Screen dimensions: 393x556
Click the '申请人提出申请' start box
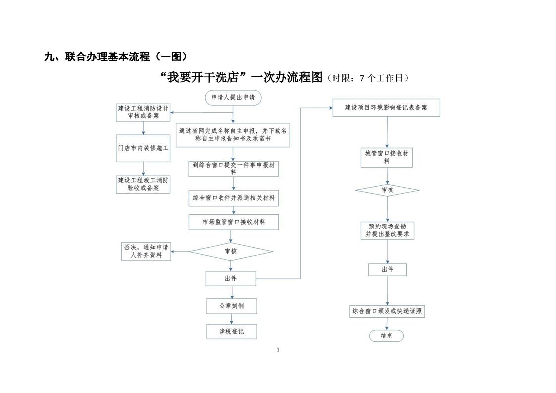pyautogui.click(x=232, y=98)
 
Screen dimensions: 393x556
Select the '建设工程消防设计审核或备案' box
pyautogui.click(x=143, y=112)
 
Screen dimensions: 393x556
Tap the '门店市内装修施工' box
pyautogui.click(x=143, y=148)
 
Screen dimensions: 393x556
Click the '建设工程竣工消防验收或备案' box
pyautogui.click(x=143, y=184)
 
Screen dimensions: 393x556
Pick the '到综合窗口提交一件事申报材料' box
pyautogui.click(x=234, y=168)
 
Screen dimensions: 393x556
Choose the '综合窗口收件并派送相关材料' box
pyautogui.click(x=234, y=199)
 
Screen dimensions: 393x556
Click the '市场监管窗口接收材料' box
pyautogui.click(x=234, y=222)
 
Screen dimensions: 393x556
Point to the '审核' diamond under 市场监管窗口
pyautogui.click(x=231, y=251)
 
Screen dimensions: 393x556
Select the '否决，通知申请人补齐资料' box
pyautogui.click(x=146, y=251)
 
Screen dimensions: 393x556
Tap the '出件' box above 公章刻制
pyautogui.click(x=231, y=279)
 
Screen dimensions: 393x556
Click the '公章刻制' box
pyautogui.click(x=231, y=306)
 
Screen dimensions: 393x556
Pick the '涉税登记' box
pyautogui.click(x=231, y=331)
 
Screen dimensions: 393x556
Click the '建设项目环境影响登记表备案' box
pyautogui.click(x=386, y=108)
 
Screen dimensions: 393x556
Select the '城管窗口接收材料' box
pyautogui.click(x=387, y=157)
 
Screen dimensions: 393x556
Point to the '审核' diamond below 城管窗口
pyautogui.click(x=387, y=190)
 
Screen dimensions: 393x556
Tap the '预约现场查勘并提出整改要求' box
pyautogui.click(x=387, y=230)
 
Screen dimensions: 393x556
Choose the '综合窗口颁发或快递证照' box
pyautogui.click(x=387, y=311)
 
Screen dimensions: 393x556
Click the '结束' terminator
pyautogui.click(x=387, y=336)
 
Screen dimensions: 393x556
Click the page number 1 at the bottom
pyautogui.click(x=278, y=350)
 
